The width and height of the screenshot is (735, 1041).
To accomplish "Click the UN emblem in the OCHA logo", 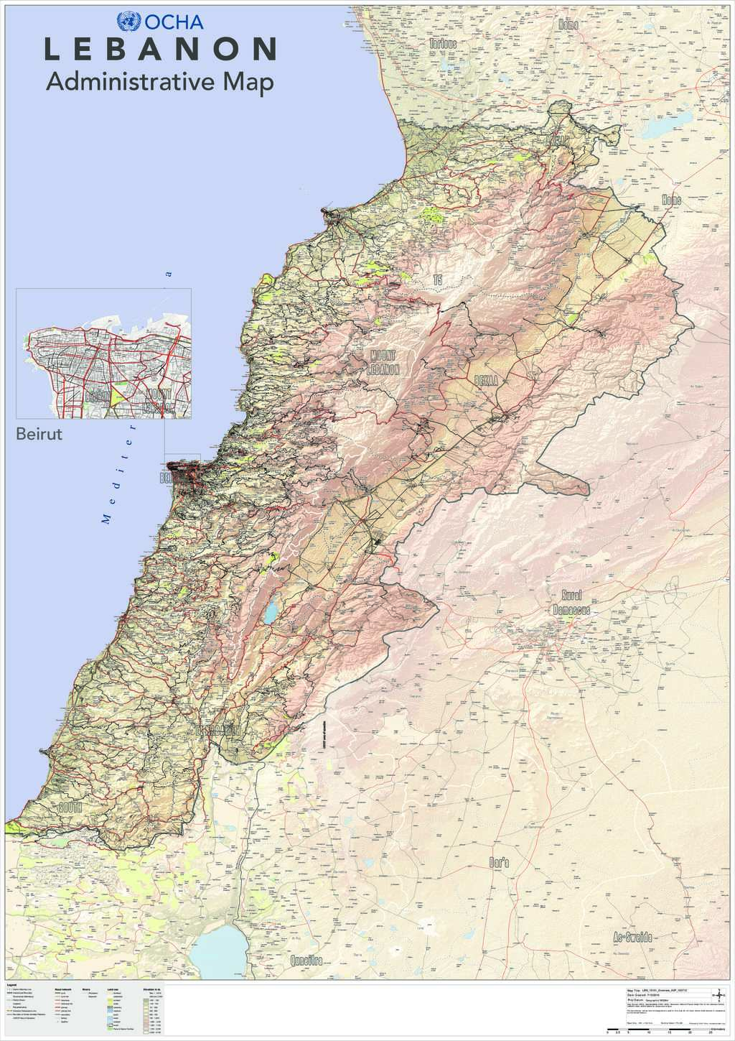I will point(129,22).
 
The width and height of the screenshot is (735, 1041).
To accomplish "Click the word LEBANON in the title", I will point(161,50).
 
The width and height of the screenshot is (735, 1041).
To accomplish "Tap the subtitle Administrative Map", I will point(159,83).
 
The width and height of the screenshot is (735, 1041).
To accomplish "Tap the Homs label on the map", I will point(671,200).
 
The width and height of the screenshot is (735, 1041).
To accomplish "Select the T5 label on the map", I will point(437,279).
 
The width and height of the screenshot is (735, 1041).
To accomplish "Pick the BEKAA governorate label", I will point(486,379).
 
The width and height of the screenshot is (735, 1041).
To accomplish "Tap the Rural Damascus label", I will point(571,602).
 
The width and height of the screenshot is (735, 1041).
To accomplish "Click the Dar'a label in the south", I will point(498,863).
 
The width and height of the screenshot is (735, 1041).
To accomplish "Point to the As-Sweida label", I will point(632,938).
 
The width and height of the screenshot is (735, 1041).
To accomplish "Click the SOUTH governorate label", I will point(70,808).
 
